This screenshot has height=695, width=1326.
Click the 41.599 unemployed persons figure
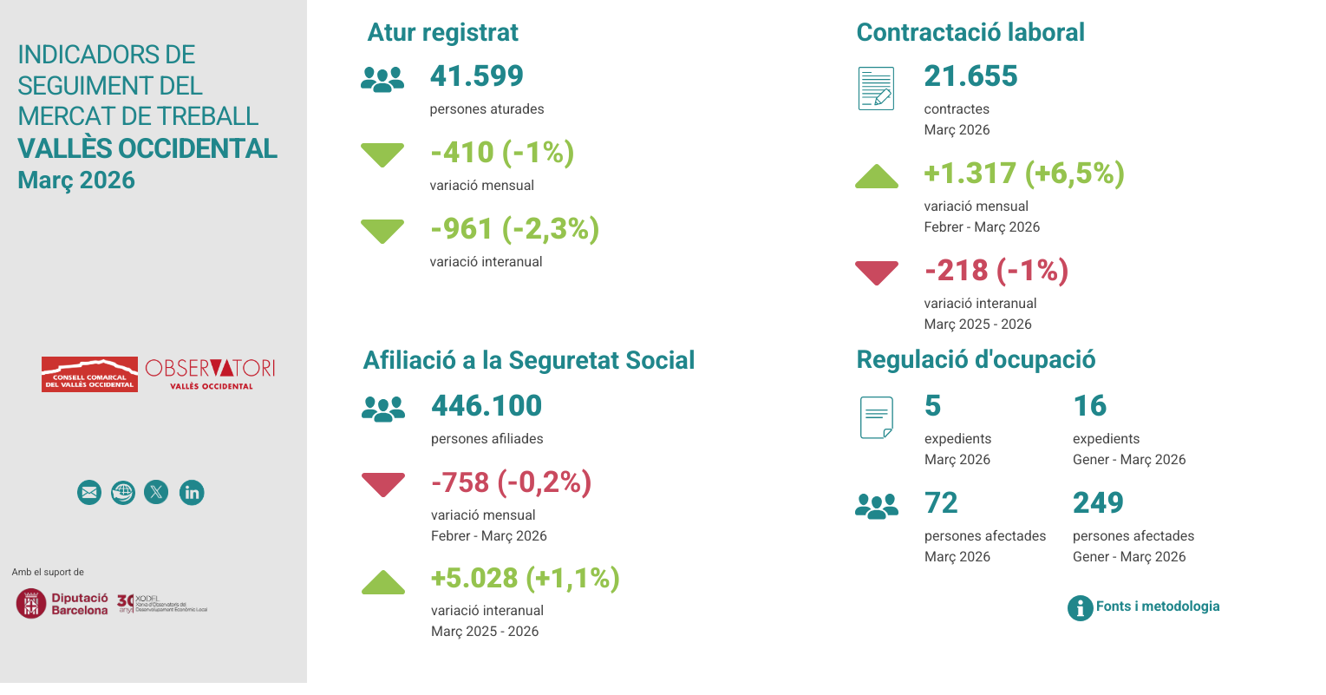coord(476,76)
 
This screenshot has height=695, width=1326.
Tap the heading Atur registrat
coord(442,33)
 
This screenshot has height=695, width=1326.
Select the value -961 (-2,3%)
coord(514,229)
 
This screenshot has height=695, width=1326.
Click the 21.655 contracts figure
coord(970,76)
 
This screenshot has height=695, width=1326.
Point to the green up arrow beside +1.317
coord(876,177)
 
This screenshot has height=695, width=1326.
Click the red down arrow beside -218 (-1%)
coord(876,272)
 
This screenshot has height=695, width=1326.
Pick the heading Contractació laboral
coord(970,33)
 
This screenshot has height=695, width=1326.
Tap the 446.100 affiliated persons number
coord(486,406)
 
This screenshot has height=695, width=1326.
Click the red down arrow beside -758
coord(382,484)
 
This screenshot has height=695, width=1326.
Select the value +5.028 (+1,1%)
coord(525,579)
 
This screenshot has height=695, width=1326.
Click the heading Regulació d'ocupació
coord(976,360)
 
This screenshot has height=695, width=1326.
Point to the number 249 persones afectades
coord(1098,503)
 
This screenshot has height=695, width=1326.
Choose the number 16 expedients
coord(1089,406)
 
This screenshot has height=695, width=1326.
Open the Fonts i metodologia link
coord(1157,606)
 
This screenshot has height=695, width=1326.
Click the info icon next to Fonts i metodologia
coord(1080,607)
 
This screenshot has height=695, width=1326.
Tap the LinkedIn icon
coord(192,493)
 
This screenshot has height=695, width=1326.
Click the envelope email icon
coord(89,493)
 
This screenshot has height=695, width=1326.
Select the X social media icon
coord(156,493)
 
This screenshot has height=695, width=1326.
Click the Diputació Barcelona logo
coord(62,603)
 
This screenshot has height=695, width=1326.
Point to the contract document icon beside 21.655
coord(876,89)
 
